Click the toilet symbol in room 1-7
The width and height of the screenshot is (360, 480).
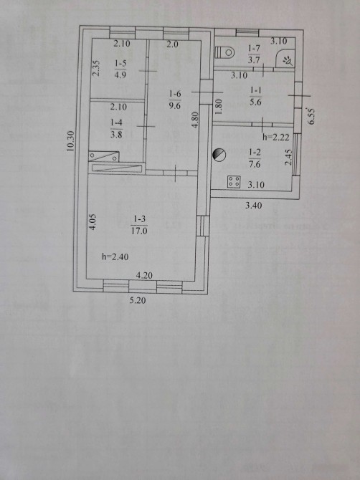225,52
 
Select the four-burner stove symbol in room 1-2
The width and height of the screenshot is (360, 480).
234,181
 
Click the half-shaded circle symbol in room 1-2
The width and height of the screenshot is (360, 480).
219,155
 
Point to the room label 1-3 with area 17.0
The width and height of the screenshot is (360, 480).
139,225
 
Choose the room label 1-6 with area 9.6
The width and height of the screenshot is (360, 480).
175,100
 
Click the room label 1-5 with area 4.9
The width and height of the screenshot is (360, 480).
120,69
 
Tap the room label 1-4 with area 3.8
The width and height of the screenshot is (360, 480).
116,128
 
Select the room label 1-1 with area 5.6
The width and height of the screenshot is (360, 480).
255,96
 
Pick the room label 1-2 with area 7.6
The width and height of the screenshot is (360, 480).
255,158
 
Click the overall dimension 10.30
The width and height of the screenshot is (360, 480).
70,141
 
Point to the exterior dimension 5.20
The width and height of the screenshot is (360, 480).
138,300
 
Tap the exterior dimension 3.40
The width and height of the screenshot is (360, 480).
254,206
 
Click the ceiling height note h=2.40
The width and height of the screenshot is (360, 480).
115,256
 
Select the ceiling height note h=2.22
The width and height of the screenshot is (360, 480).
276,137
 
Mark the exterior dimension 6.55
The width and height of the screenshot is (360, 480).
311,116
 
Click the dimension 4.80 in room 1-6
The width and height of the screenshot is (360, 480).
196,120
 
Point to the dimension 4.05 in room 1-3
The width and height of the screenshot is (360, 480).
93,221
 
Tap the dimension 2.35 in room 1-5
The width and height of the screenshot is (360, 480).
96,68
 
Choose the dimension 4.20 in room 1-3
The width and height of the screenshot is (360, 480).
144,275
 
